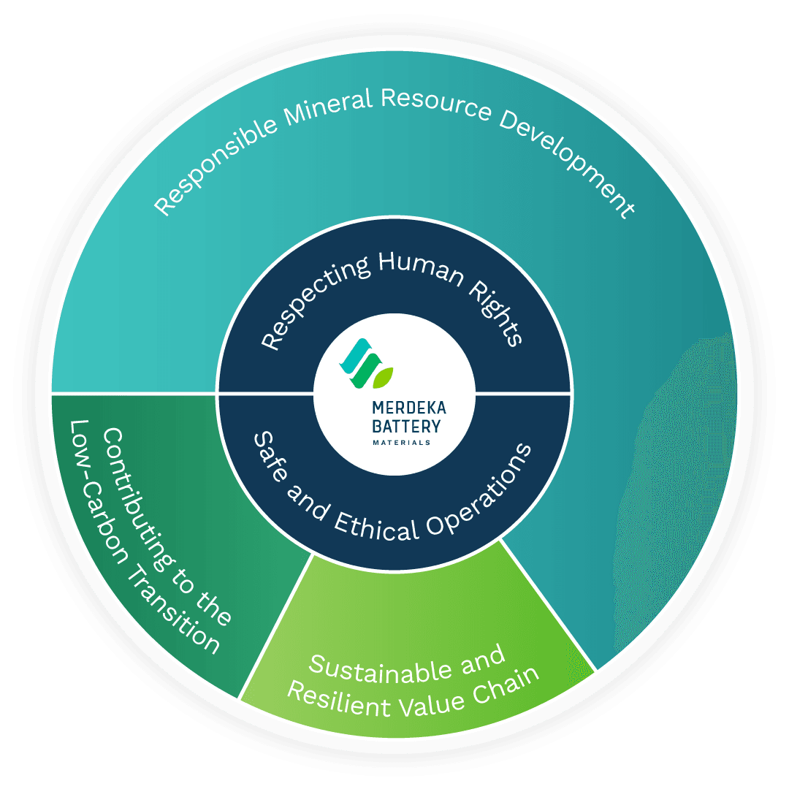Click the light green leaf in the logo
383,376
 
